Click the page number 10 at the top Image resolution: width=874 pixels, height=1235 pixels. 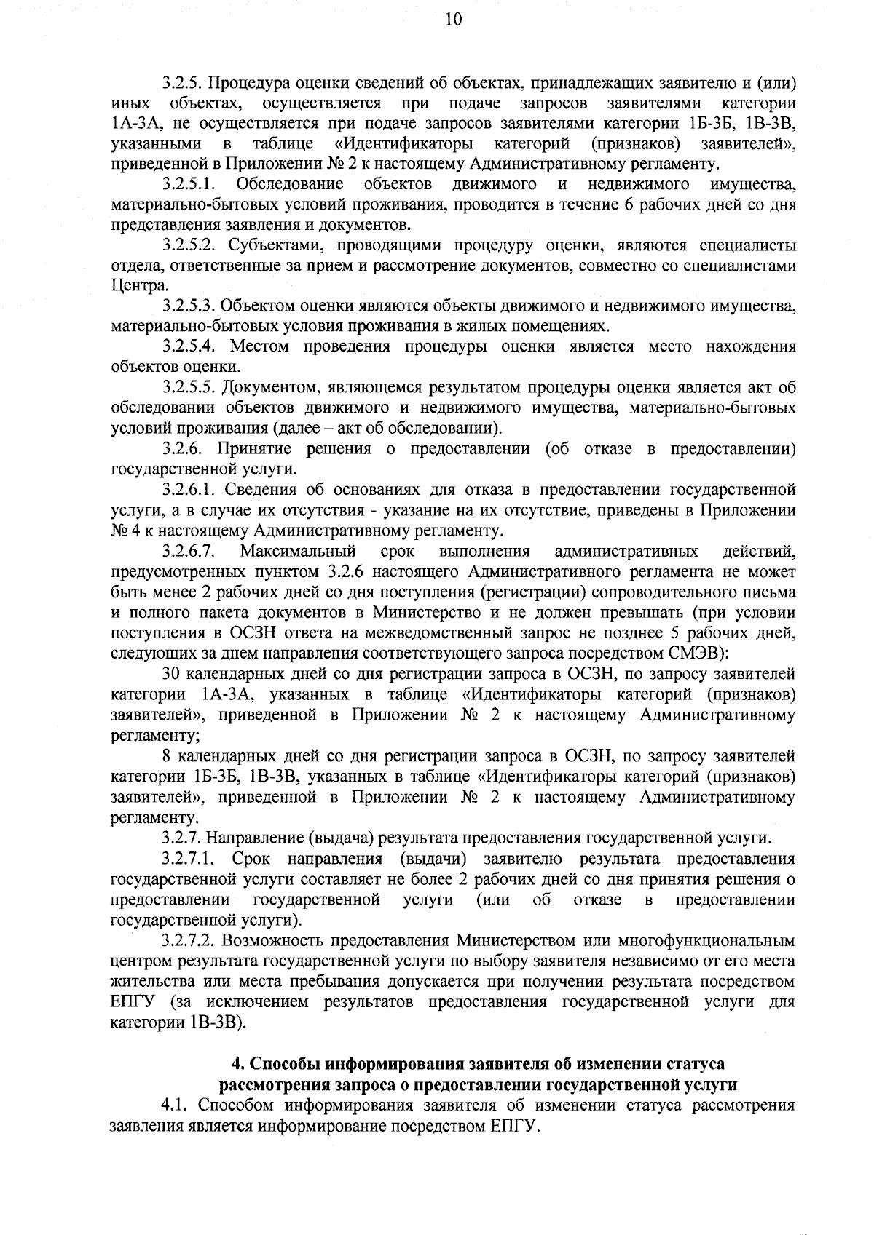[x=452, y=20]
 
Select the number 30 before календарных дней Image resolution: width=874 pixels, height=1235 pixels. [x=172, y=674]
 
